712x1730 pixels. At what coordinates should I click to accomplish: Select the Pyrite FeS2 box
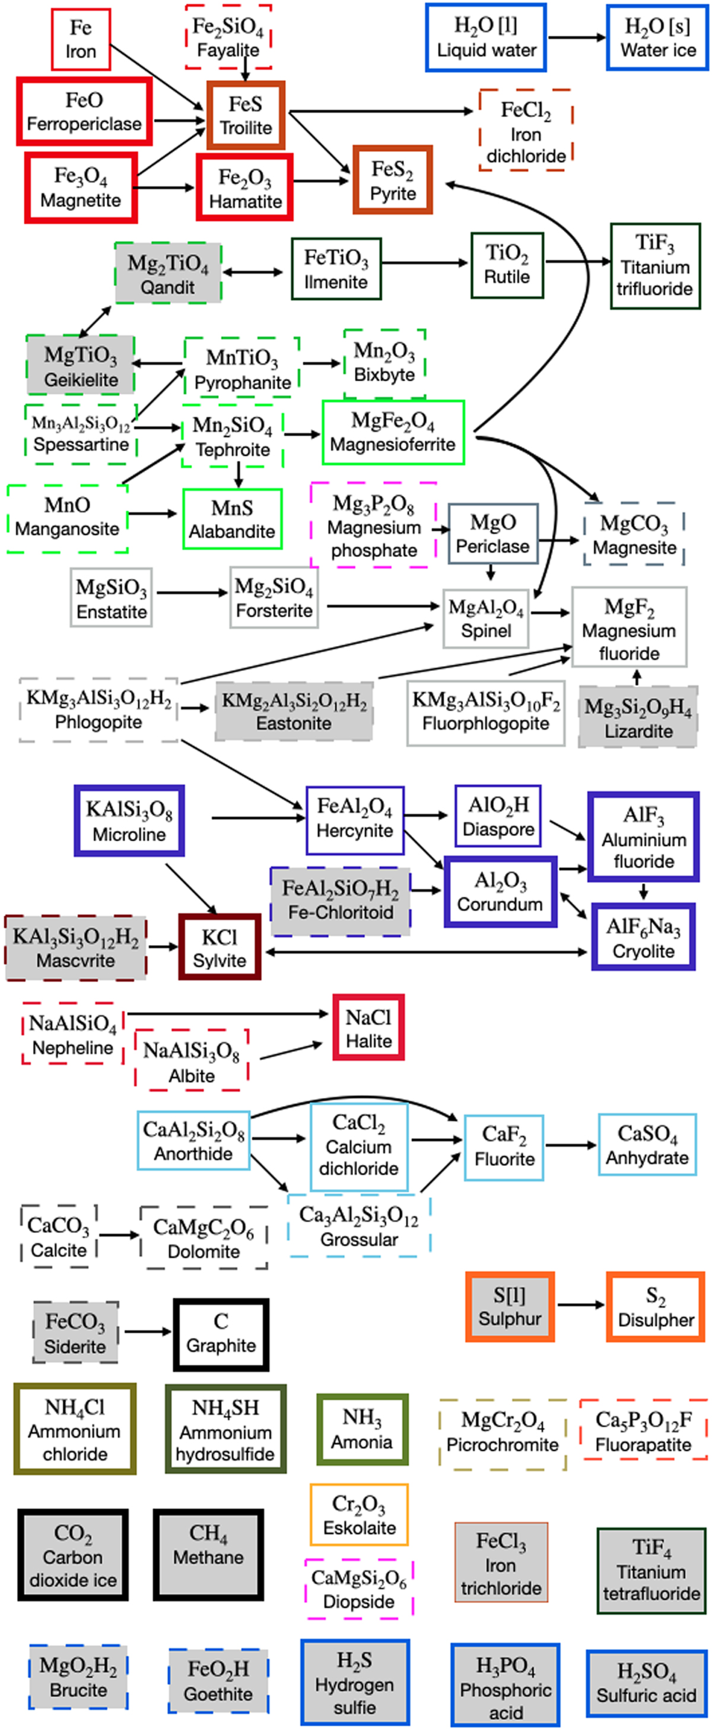pos(393,180)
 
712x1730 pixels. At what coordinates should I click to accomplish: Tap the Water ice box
pos(657,37)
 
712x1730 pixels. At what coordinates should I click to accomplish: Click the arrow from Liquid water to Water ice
pos(576,37)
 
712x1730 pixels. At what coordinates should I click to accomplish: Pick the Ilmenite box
pos(336,268)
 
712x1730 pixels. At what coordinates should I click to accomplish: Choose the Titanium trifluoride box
pos(655,267)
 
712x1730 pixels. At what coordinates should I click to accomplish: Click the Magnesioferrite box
pos(393,432)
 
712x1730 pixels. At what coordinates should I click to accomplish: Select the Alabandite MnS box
pos(232,518)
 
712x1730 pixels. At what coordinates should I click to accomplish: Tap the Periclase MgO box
pos(492,534)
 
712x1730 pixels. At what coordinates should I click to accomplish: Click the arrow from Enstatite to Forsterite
pos(191,592)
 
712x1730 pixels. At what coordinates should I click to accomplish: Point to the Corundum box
pos(500,892)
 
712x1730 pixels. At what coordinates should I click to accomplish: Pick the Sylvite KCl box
pos(220,947)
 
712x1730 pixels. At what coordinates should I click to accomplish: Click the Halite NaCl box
pos(368,1028)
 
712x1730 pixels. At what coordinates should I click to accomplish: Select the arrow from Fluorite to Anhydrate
pos(570,1145)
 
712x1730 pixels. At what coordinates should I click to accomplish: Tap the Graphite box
pos(221,1335)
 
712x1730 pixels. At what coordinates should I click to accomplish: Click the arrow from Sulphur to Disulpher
pos(580,1305)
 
